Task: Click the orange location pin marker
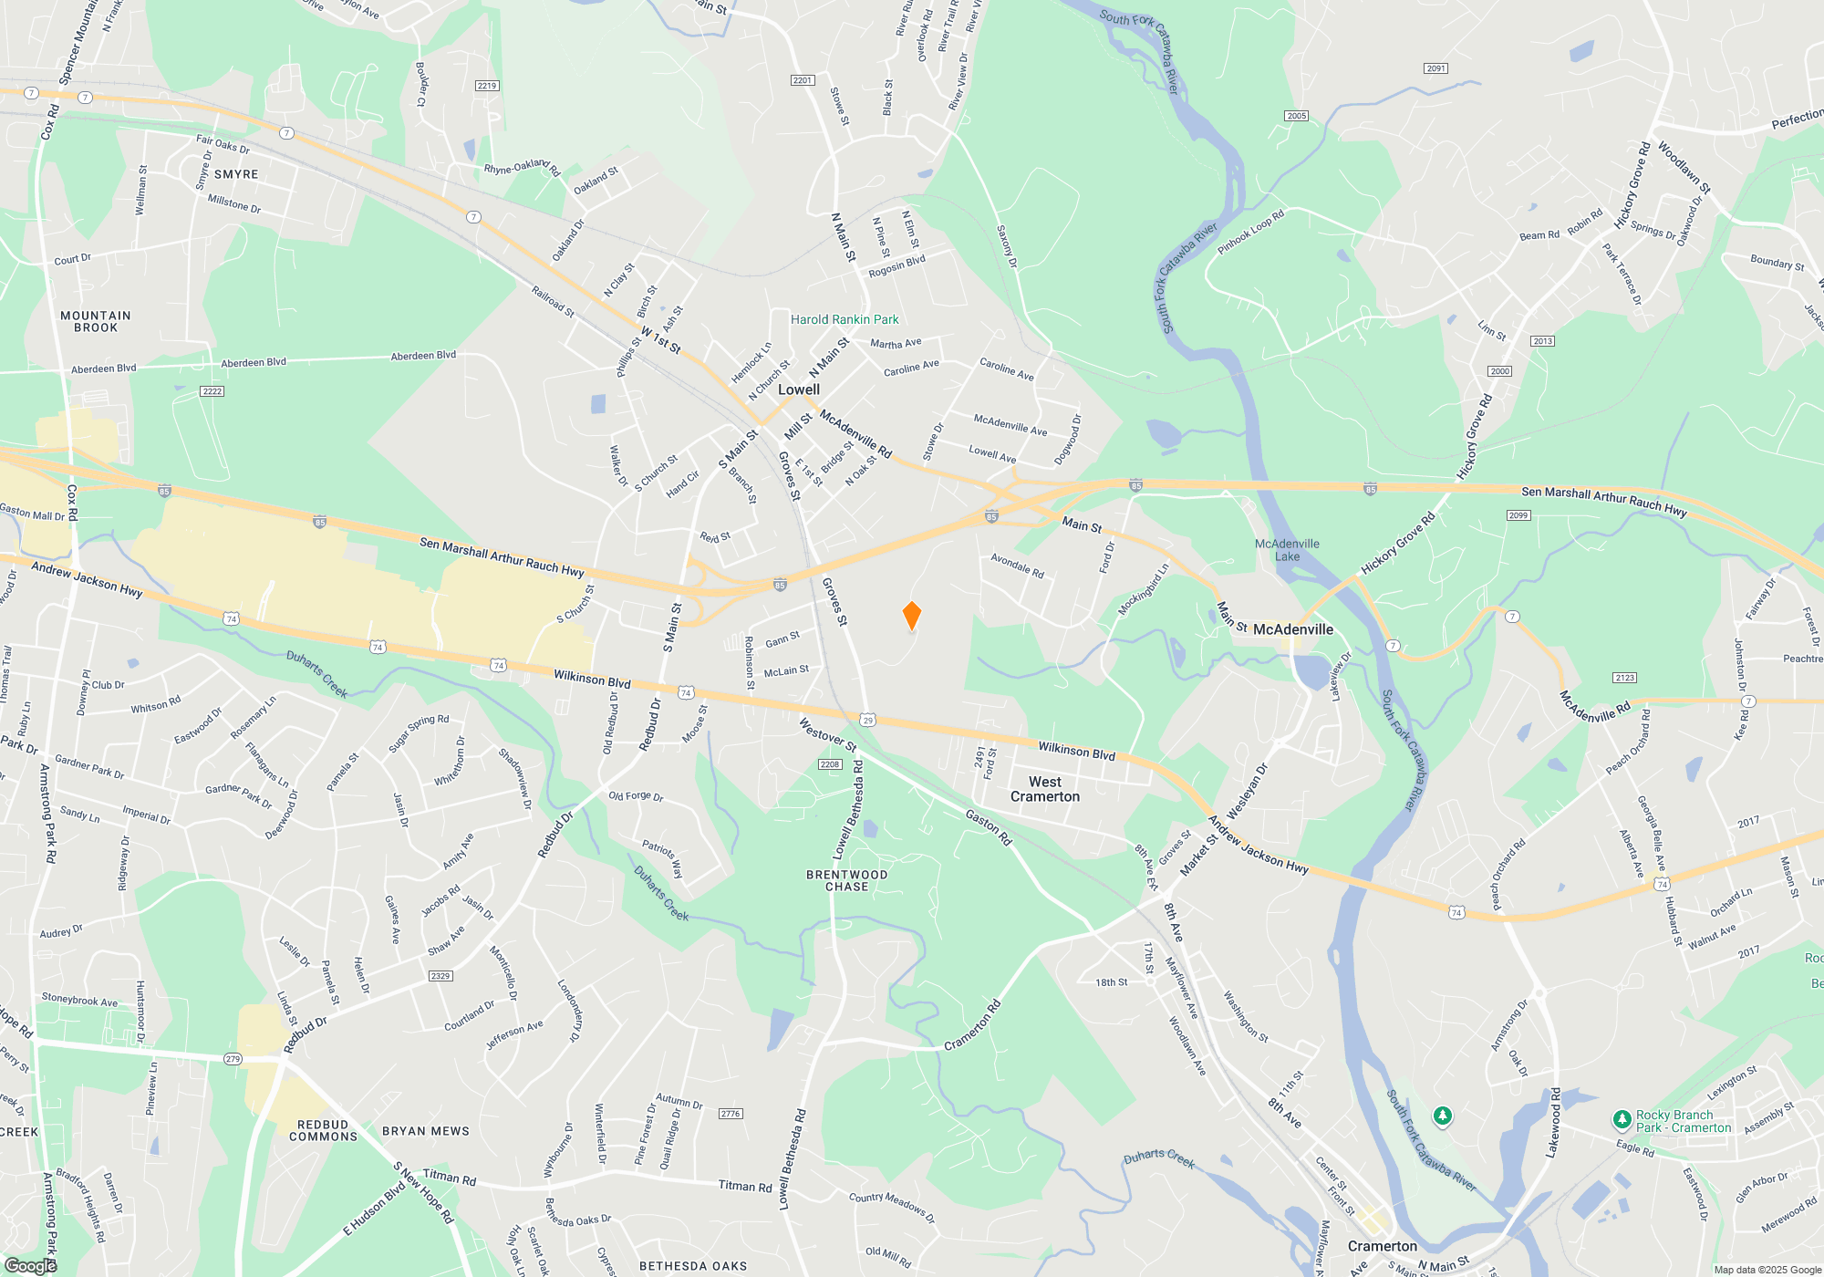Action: coord(911,616)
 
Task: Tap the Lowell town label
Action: coord(799,389)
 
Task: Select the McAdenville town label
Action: coord(1292,629)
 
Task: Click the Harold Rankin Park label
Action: coord(845,319)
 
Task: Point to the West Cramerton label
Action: coord(1045,789)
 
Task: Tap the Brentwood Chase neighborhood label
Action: coord(847,880)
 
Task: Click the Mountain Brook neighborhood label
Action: coord(96,321)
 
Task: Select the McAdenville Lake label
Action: coord(1287,550)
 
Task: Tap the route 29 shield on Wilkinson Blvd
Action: coord(867,720)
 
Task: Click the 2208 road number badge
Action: coord(829,764)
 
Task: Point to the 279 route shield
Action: coord(233,1059)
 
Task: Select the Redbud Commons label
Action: coord(323,1131)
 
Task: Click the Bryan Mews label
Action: coord(426,1131)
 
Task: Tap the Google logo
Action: coord(31,1265)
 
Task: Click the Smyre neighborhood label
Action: coord(236,174)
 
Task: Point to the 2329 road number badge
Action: coord(440,976)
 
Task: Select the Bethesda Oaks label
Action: coord(693,1266)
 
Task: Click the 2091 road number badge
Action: coord(1435,68)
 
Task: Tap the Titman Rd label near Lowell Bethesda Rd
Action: coord(744,1186)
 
